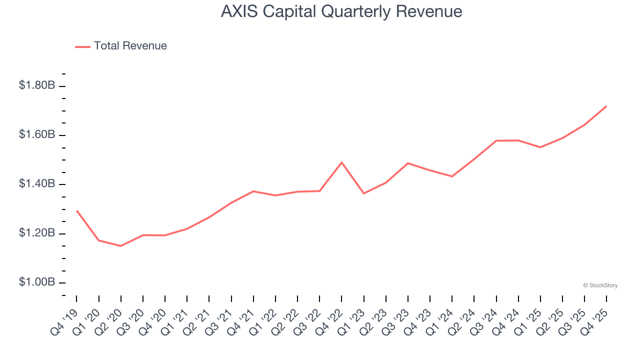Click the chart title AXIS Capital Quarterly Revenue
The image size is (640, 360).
(x=341, y=11)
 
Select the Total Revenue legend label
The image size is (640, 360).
(x=130, y=46)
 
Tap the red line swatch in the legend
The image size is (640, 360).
(x=82, y=46)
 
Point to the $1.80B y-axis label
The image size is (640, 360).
(x=37, y=85)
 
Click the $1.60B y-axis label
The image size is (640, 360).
(x=37, y=134)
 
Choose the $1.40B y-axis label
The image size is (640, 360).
(x=37, y=184)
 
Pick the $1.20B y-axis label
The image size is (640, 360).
(x=37, y=233)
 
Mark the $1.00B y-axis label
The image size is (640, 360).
(x=37, y=282)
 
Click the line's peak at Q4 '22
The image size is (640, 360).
(x=341, y=162)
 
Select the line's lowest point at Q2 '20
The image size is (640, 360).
(x=120, y=246)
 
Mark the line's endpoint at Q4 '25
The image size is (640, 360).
(x=606, y=106)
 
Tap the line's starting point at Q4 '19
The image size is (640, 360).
(x=76, y=210)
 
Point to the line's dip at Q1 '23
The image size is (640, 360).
(x=363, y=193)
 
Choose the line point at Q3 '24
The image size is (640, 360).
(x=496, y=140)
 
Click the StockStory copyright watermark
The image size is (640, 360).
(x=600, y=285)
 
